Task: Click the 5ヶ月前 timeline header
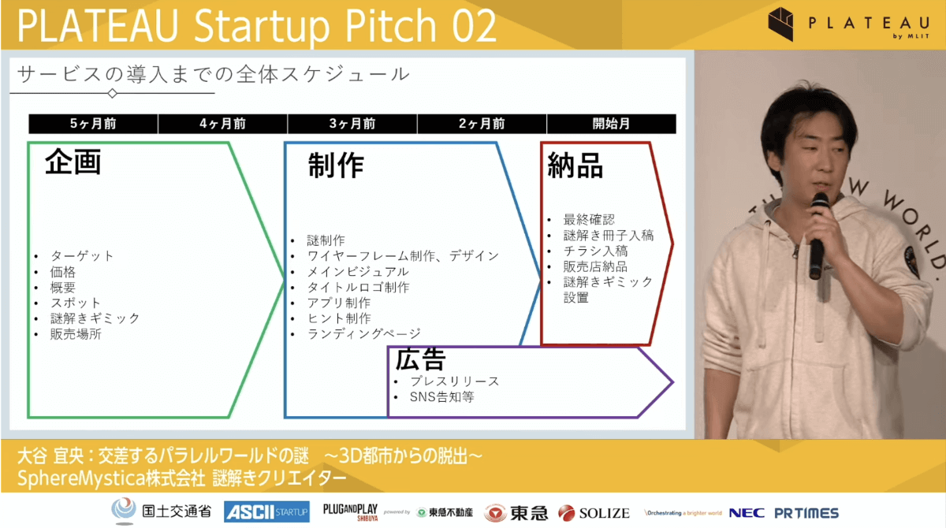pyautogui.click(x=93, y=124)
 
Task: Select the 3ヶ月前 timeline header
pyautogui.click(x=352, y=124)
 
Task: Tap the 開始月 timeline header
pyautogui.click(x=611, y=124)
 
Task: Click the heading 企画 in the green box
pyautogui.click(x=73, y=162)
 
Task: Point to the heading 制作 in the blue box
pyautogui.click(x=336, y=165)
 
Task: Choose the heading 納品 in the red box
pyautogui.click(x=575, y=165)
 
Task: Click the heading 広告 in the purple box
pyautogui.click(x=421, y=359)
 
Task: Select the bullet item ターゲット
pyautogui.click(x=82, y=256)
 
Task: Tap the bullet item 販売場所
pyautogui.click(x=76, y=334)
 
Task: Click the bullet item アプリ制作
pyautogui.click(x=339, y=303)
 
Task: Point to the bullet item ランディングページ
pyautogui.click(x=364, y=334)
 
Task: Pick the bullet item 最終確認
pyautogui.click(x=589, y=219)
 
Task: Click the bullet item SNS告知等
pyautogui.click(x=441, y=397)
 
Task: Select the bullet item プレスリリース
pyautogui.click(x=455, y=381)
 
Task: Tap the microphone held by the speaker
pyautogui.click(x=818, y=236)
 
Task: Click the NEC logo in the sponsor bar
pyautogui.click(x=747, y=513)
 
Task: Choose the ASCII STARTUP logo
pyautogui.click(x=266, y=512)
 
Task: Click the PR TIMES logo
pyautogui.click(x=806, y=513)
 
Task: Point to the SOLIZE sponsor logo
pyautogui.click(x=594, y=513)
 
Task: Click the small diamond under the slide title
pyautogui.click(x=112, y=93)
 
